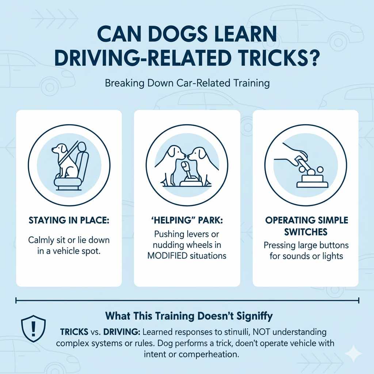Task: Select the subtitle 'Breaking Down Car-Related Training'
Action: (187, 83)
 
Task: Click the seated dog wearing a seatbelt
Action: (64, 160)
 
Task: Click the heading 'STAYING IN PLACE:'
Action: (69, 221)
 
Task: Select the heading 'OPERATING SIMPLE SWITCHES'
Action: (306, 226)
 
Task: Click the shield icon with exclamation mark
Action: (33, 328)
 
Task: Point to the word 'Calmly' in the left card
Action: (41, 241)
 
